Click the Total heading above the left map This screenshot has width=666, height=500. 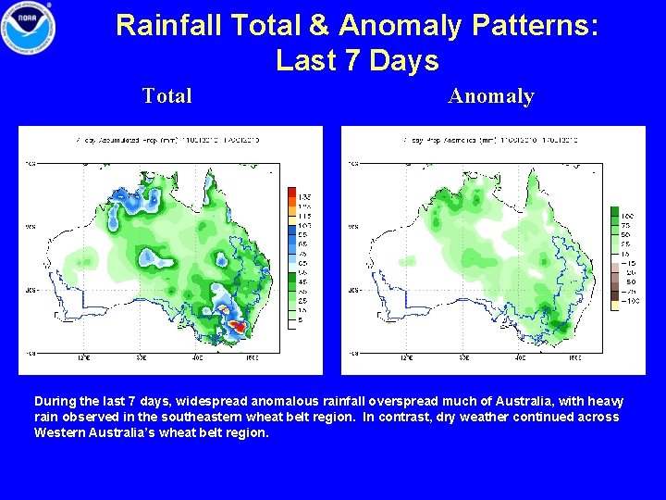tap(167, 95)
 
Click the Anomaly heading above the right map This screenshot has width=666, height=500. tap(491, 95)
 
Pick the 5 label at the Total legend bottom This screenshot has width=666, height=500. tap(301, 319)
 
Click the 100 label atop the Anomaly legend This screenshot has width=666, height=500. tap(627, 216)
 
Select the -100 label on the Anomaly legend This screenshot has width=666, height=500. tap(629, 301)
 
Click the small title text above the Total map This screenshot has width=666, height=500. tap(167, 139)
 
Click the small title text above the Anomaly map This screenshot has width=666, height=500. tap(491, 139)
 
